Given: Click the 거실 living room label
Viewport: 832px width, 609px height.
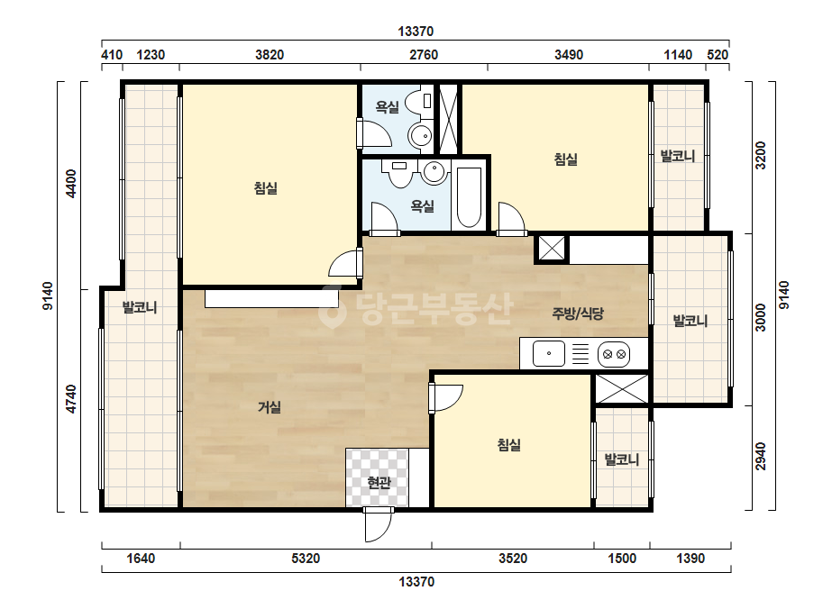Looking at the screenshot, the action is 270,407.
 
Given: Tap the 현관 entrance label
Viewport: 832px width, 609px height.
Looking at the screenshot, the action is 379,483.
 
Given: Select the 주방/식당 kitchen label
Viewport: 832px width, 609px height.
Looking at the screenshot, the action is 578,314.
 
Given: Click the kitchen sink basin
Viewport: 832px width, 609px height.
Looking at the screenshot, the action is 549,354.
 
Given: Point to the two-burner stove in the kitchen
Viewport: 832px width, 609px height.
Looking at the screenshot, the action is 614,354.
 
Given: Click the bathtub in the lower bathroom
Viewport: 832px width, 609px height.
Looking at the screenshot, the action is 469,197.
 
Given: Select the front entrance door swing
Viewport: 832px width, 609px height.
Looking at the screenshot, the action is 379,524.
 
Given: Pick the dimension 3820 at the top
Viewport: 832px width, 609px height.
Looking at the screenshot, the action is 270,55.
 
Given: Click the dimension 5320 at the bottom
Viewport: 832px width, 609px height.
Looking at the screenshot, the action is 306,558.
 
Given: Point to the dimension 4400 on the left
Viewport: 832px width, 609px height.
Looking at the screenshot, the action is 70,184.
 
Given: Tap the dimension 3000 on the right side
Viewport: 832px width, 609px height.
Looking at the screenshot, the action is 761,317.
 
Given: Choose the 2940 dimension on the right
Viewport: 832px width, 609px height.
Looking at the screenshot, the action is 761,456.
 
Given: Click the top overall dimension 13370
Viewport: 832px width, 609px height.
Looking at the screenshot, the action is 416,32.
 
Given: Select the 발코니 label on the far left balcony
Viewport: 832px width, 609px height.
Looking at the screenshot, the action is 140,307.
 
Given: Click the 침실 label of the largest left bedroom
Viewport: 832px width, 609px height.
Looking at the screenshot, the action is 265,188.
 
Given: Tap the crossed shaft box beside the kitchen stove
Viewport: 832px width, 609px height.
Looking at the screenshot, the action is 622,388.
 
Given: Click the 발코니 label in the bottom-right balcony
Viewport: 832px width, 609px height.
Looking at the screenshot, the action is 622,459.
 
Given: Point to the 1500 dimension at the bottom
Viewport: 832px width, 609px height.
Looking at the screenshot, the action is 622,558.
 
